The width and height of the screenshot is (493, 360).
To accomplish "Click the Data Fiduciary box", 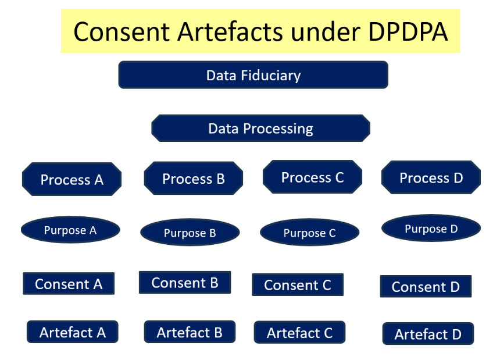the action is pos(253,75).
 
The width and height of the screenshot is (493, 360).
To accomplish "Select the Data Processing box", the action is pos(260,129).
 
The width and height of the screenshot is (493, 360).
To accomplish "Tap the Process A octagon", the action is pos(72,179).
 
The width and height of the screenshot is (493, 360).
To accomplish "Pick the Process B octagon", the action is pos(194,179).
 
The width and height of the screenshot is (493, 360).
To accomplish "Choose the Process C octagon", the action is pos(312,177).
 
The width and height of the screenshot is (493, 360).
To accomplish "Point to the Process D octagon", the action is pos(431,177).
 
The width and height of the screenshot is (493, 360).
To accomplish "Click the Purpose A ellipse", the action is pos(70,230).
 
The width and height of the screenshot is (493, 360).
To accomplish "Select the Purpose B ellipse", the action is pos(190,233).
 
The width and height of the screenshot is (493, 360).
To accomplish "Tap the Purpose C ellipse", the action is pos(310,233).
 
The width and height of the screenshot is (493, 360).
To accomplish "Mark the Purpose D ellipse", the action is pos(431,228).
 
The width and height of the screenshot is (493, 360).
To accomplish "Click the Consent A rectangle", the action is pos(69,284).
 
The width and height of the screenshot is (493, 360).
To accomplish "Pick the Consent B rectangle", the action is pos(185,282).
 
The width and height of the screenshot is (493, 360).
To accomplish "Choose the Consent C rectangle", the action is pos(298,284).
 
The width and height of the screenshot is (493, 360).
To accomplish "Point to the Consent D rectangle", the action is pos(426,286).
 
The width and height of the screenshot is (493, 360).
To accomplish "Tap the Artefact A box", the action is pos(72,332).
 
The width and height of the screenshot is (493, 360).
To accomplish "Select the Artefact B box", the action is pos(190,332).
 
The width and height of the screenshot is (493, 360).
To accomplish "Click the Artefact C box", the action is pos(299,332).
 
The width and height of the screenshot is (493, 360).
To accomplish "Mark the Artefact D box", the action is pos(428,334).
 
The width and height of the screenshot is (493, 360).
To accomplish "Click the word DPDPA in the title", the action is pos(408,31).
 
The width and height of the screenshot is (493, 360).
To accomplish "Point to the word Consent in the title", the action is pos(122,31).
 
